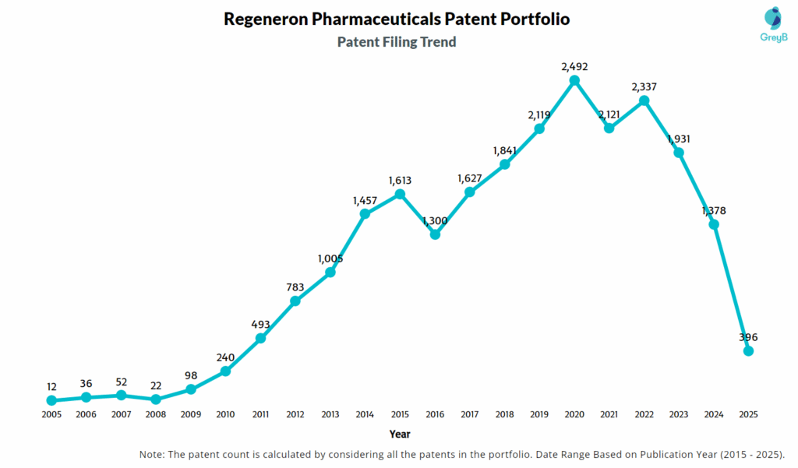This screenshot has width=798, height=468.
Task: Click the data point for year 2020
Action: click(x=574, y=80)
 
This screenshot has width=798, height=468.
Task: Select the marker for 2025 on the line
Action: click(x=749, y=351)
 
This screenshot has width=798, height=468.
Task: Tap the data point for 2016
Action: click(x=435, y=234)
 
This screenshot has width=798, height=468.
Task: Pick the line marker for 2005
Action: click(x=51, y=400)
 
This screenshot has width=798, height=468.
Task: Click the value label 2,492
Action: click(x=574, y=66)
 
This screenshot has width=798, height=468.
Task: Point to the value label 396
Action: click(x=749, y=337)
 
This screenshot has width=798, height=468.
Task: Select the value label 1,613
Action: click(x=400, y=180)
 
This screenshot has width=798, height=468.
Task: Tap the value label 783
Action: click(x=295, y=287)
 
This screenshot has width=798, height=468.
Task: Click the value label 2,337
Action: click(x=644, y=86)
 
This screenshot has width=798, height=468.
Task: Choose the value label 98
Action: click(x=191, y=375)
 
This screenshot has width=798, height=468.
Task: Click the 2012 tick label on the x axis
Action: click(x=295, y=414)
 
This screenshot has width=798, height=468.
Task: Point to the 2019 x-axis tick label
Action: click(x=539, y=414)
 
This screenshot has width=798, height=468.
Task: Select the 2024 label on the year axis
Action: click(x=714, y=414)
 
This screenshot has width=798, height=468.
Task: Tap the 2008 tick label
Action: click(x=156, y=414)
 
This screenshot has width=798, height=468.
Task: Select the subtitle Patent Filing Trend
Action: click(x=397, y=42)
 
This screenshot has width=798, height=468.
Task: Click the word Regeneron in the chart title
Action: click(x=265, y=19)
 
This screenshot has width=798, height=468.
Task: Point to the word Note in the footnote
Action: click(x=153, y=454)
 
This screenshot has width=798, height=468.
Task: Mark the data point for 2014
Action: click(x=365, y=213)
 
